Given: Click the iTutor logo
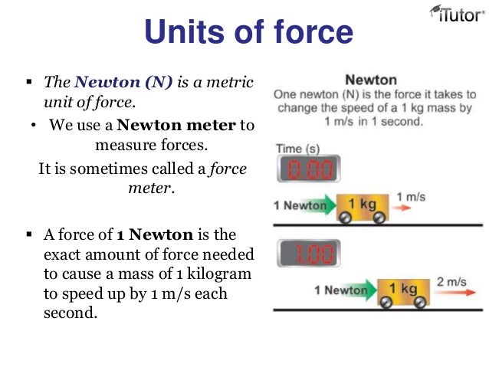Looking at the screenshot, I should click(453, 17).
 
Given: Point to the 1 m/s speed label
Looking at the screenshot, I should click(410, 198).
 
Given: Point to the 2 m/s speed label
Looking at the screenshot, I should click(451, 282).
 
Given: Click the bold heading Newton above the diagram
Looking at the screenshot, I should click(371, 80).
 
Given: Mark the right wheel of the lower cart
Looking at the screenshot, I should click(420, 302).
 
